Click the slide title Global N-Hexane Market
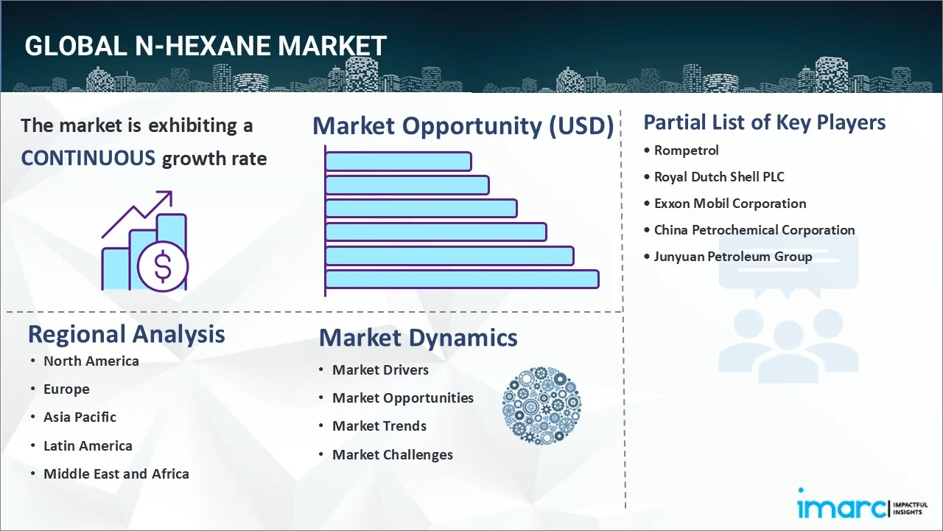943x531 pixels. [x=206, y=46]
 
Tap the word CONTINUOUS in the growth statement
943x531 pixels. [x=88, y=158]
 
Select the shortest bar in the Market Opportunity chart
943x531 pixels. [x=398, y=161]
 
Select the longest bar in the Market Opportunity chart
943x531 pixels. [x=462, y=279]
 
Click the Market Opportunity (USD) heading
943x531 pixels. [x=463, y=126]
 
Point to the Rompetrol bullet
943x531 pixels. [x=686, y=150]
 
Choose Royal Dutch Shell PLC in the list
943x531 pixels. [x=719, y=177]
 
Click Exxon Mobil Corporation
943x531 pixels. [x=730, y=204]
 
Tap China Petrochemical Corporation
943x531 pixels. [x=754, y=230]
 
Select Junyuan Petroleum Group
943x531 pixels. [x=733, y=257]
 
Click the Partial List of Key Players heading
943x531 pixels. [x=764, y=122]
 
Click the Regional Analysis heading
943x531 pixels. [x=126, y=334]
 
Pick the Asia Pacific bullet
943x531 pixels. [x=80, y=417]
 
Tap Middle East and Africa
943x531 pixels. [x=116, y=474]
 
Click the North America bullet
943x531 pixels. [x=91, y=361]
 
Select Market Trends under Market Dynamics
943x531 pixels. [x=379, y=426]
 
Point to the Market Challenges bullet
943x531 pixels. [x=392, y=455]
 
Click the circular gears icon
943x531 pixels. [x=541, y=406]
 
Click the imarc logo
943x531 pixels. [x=840, y=507]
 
